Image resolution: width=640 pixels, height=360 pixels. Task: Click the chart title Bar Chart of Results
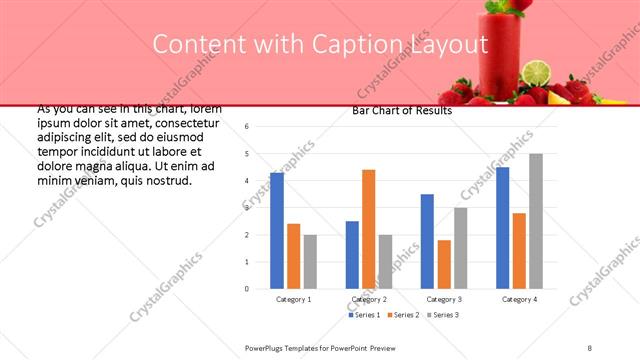(x=402, y=111)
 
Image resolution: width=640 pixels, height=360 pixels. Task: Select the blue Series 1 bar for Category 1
(x=277, y=231)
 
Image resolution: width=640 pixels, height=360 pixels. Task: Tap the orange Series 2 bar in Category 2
(x=369, y=229)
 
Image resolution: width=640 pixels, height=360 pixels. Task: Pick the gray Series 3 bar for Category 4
(x=536, y=221)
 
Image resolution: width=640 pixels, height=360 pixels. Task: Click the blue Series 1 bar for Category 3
(x=428, y=241)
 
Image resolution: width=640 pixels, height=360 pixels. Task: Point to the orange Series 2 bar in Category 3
(x=444, y=264)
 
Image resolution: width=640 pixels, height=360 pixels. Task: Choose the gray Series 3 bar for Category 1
(x=310, y=262)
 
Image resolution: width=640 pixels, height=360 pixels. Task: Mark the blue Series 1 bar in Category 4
(x=502, y=228)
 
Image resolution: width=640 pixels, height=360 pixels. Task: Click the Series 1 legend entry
(x=363, y=315)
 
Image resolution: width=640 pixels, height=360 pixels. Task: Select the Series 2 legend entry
(x=402, y=315)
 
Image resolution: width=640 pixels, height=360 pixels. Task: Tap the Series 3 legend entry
(x=441, y=315)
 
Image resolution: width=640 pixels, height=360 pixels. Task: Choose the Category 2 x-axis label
(x=369, y=299)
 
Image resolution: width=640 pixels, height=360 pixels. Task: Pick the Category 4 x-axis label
(x=519, y=299)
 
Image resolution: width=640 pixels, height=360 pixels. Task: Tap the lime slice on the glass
(x=538, y=72)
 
